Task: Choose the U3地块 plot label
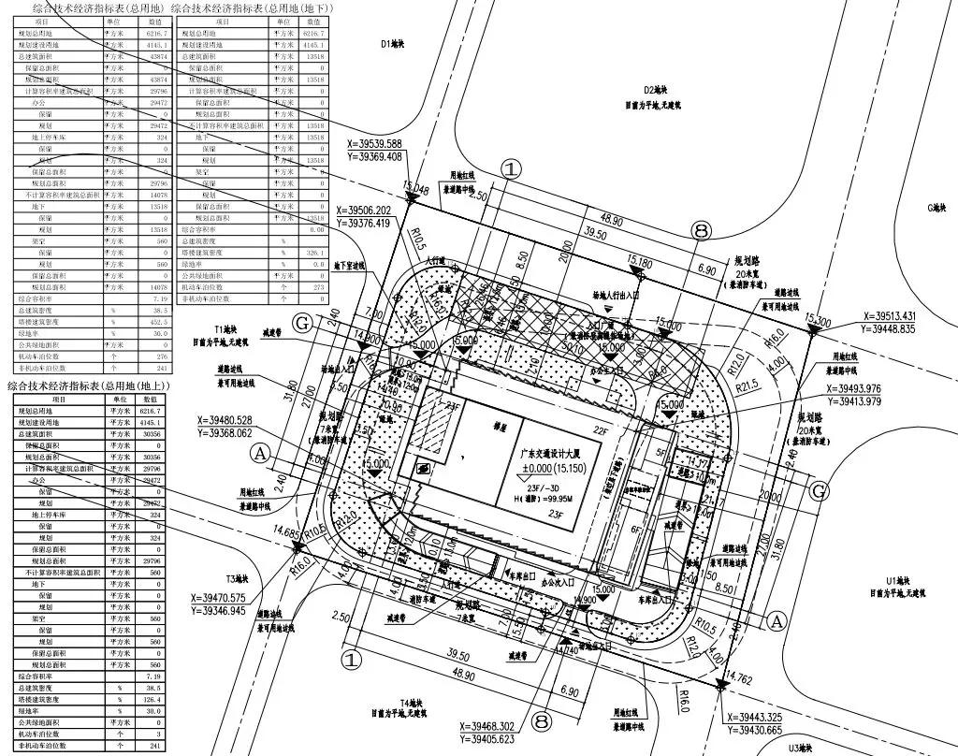(x=803, y=748)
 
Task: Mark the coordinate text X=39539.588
(x=374, y=144)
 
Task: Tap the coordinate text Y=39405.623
(x=501, y=738)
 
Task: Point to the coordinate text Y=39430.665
(x=766, y=729)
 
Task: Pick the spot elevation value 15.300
(x=816, y=322)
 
